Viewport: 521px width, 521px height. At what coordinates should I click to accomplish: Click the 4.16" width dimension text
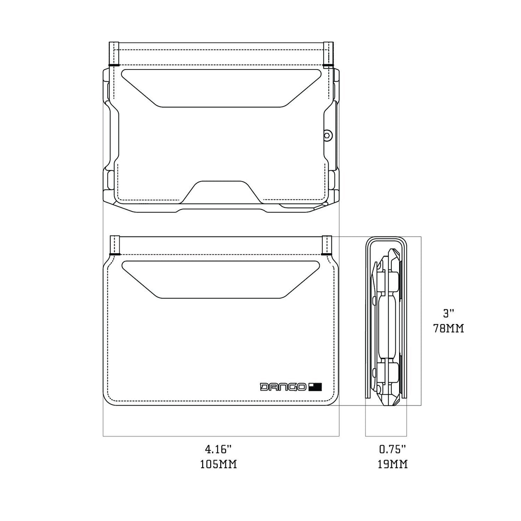click(x=218, y=450)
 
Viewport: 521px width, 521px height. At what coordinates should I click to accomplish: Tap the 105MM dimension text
click(x=218, y=464)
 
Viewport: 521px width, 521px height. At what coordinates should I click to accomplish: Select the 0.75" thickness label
click(x=392, y=450)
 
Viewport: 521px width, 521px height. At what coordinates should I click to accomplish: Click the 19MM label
click(x=392, y=464)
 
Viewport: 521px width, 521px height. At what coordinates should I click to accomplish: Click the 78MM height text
click(x=448, y=329)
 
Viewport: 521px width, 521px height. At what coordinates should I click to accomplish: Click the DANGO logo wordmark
click(x=283, y=387)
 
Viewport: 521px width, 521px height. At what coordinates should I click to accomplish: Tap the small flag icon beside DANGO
click(x=315, y=387)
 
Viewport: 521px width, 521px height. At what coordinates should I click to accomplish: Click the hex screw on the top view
click(x=327, y=135)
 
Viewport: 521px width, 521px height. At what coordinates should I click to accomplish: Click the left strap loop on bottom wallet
click(x=115, y=245)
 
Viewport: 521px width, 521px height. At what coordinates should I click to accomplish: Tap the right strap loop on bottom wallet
click(x=327, y=245)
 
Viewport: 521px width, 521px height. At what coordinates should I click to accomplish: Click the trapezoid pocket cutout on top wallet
click(x=222, y=88)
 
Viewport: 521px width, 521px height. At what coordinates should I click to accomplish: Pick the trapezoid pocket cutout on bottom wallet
click(x=222, y=279)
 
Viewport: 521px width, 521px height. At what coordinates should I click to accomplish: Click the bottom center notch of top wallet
click(x=221, y=191)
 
